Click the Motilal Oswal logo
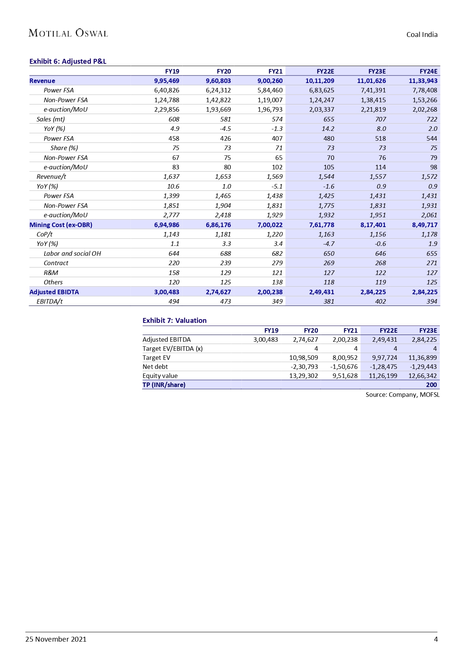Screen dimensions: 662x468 [x=68, y=33]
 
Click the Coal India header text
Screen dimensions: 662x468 [x=422, y=35]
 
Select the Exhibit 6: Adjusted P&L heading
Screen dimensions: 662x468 [x=68, y=61]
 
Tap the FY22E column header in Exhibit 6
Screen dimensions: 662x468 [x=325, y=71]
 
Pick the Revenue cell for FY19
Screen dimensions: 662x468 [x=167, y=81]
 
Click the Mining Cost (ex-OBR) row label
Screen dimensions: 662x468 [x=61, y=225]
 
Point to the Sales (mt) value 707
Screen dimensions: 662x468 [x=381, y=119]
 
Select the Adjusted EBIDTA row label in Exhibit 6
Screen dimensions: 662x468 [x=54, y=292]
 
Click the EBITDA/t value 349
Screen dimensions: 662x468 [x=277, y=301]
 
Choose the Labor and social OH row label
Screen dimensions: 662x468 [x=72, y=253]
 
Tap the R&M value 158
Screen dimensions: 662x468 [x=174, y=273]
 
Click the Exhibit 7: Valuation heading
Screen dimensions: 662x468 [x=174, y=321]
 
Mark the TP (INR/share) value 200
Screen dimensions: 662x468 [x=431, y=385]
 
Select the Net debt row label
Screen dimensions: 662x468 [x=155, y=367]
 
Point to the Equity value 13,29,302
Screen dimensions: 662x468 [x=303, y=376]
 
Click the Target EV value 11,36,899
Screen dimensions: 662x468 [x=422, y=358]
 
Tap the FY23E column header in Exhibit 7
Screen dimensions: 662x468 [x=428, y=330]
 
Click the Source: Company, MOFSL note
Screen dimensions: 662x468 [x=402, y=395]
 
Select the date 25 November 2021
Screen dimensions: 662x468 [x=56, y=639]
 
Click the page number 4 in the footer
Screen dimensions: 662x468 [x=436, y=639]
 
